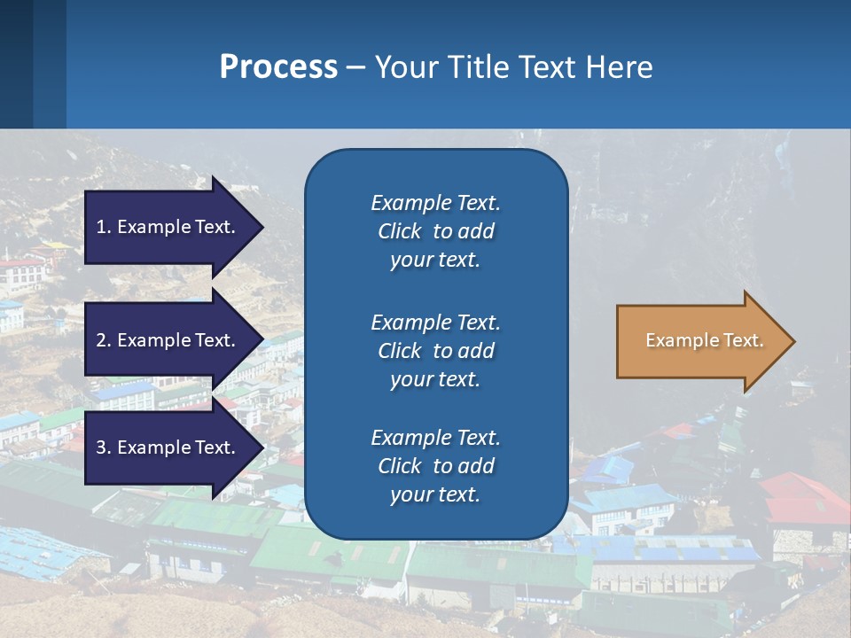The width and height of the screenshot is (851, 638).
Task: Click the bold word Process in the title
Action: point(278,67)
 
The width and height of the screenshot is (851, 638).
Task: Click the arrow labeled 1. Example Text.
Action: point(168,227)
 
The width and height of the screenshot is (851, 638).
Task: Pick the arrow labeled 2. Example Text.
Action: point(168,340)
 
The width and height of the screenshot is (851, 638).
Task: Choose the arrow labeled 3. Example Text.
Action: point(168,447)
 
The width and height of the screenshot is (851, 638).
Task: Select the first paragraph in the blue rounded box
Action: point(435,231)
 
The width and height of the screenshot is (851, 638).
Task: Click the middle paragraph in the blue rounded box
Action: point(435,351)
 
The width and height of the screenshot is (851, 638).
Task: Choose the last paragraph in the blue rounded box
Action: point(435,466)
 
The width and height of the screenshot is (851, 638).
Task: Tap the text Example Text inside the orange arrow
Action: point(704,340)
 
